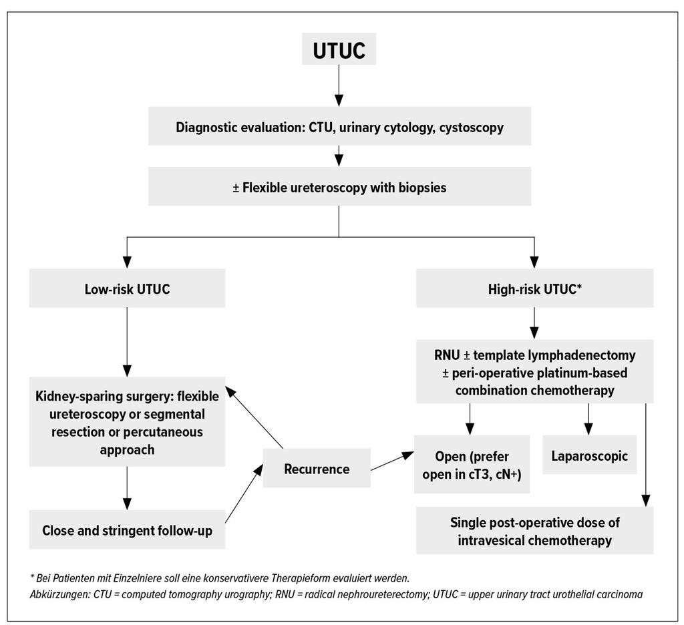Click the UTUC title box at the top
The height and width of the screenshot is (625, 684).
(x=339, y=49)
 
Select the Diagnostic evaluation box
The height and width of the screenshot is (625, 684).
(x=339, y=126)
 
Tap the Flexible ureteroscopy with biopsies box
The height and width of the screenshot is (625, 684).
(x=339, y=186)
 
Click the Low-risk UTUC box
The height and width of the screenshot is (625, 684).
(x=127, y=288)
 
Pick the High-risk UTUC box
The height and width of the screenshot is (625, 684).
(x=535, y=288)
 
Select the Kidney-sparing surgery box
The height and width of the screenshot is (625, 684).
(x=127, y=422)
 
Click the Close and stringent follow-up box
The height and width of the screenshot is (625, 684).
(x=127, y=530)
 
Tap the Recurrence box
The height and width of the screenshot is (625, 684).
(x=317, y=468)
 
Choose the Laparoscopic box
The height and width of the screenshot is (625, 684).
(x=589, y=455)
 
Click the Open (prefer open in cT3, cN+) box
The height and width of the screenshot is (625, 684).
(x=472, y=464)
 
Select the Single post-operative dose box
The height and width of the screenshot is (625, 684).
(x=535, y=530)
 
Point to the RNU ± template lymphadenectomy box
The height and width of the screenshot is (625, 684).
(x=535, y=372)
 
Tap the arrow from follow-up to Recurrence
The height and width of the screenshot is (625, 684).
(x=244, y=493)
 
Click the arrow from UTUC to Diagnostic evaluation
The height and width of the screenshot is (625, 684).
(x=339, y=86)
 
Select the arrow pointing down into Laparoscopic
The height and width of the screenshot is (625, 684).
(x=588, y=419)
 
